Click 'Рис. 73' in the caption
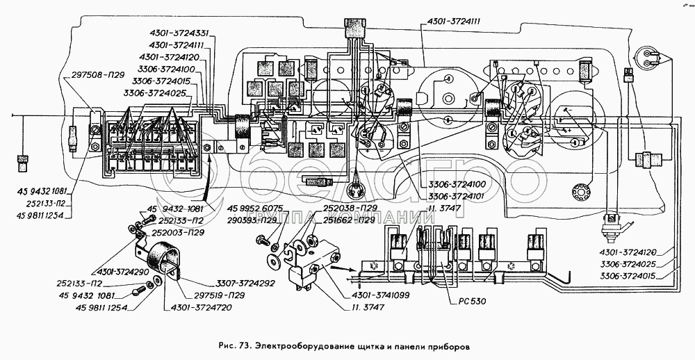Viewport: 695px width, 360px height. [234, 345]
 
